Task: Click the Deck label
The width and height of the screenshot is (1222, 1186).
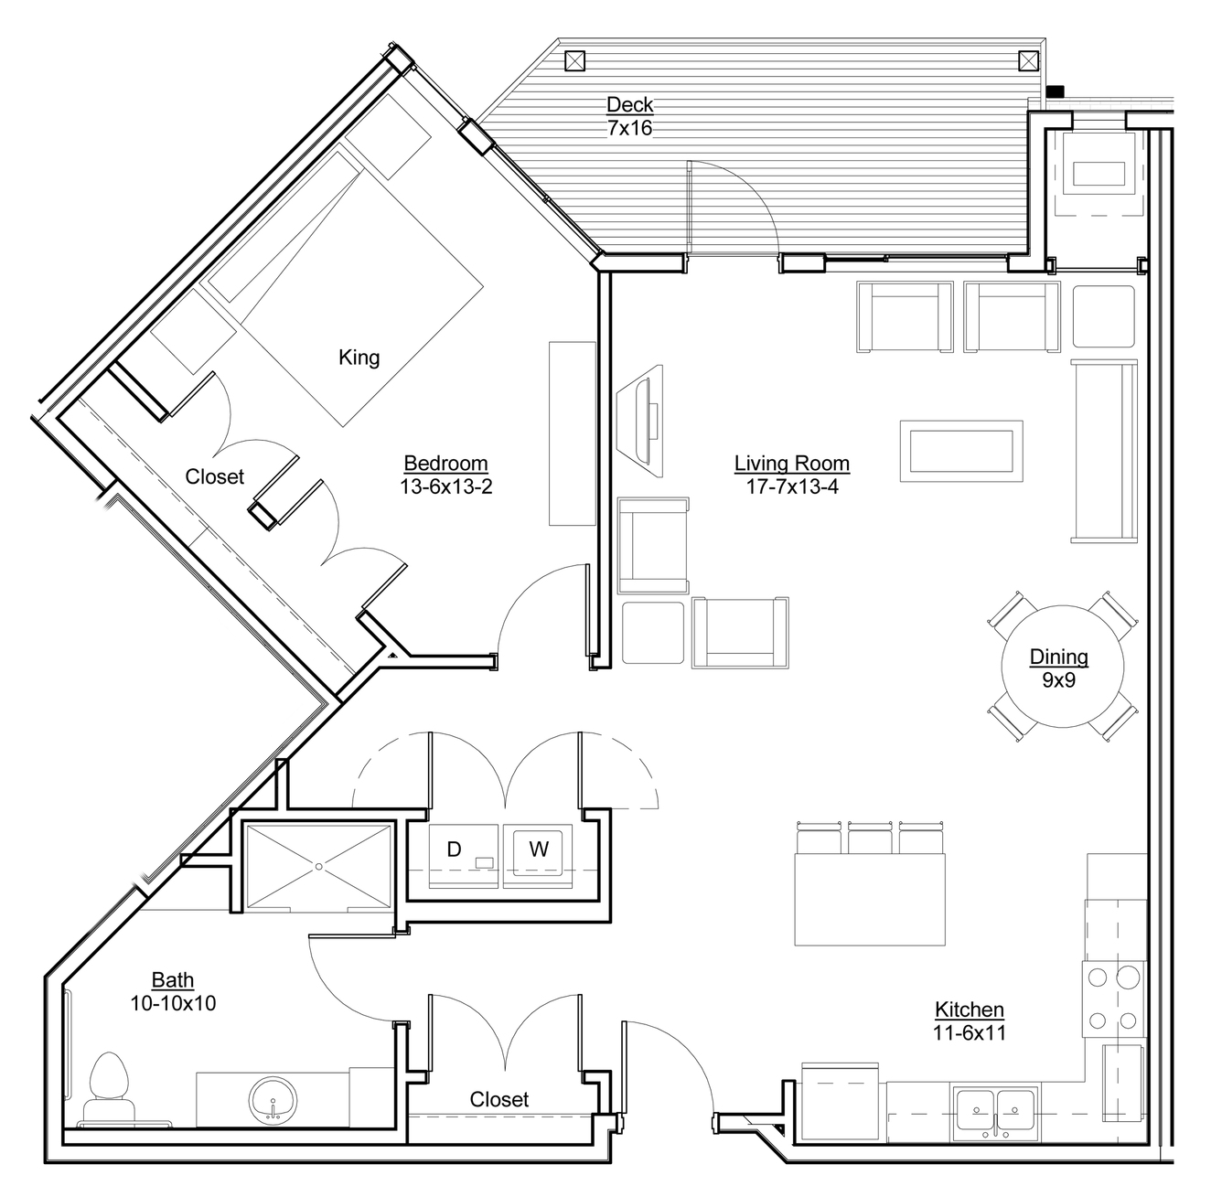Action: pyautogui.click(x=630, y=105)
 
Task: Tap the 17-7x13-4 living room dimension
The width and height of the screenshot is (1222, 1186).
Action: pyautogui.click(x=792, y=486)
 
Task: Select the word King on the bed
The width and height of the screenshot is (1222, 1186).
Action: pyautogui.click(x=359, y=358)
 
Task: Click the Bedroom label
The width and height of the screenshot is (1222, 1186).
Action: pyautogui.click(x=445, y=464)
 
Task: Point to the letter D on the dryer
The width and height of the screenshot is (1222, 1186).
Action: pyautogui.click(x=454, y=849)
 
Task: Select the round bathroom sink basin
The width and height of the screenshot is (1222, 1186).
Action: pyautogui.click(x=273, y=1100)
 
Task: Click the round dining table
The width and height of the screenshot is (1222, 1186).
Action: pyautogui.click(x=1062, y=666)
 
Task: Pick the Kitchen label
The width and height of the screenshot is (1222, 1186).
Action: pyautogui.click(x=969, y=1010)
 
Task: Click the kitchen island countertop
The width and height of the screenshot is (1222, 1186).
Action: pyautogui.click(x=870, y=899)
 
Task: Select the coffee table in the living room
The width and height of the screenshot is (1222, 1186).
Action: pyautogui.click(x=961, y=452)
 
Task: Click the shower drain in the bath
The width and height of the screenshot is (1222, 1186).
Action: pyautogui.click(x=319, y=867)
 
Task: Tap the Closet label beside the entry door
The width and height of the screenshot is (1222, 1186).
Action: pyautogui.click(x=499, y=1099)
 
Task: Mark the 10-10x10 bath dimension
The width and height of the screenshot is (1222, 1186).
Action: pyautogui.click(x=173, y=1003)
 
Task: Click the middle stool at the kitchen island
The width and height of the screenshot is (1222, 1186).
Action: pyautogui.click(x=870, y=837)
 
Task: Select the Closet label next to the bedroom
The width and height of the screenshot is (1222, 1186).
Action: pyautogui.click(x=214, y=476)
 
